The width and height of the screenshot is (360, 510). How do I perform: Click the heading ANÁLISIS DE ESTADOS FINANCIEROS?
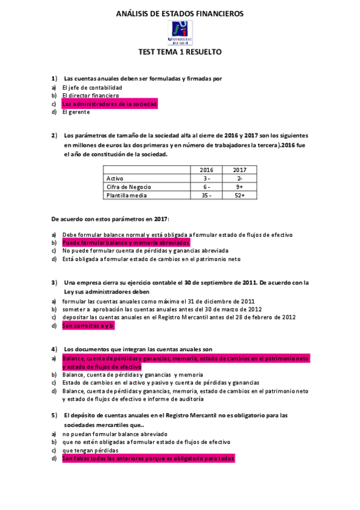180,13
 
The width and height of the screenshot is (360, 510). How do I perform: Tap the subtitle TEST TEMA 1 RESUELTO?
180,52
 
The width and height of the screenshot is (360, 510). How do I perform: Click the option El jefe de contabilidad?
96,87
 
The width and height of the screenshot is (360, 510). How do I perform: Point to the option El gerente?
76,112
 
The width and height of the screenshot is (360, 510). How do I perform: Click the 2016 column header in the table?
206,170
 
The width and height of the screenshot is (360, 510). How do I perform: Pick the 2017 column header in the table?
240,170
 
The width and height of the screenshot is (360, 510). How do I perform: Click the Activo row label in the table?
115,179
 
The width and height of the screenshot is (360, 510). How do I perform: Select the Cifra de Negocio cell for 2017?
240,187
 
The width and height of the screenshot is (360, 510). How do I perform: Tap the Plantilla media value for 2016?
206,195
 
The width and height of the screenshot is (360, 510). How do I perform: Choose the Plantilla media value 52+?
240,195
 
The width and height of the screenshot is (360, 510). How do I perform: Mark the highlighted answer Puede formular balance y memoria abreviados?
126,242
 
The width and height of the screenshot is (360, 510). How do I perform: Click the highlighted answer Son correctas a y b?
88,326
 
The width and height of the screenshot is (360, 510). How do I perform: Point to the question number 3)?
54,282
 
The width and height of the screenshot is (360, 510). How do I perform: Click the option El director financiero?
91,96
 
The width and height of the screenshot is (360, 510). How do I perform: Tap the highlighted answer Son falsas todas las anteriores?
148,458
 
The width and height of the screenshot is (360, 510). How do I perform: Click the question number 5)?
54,415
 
